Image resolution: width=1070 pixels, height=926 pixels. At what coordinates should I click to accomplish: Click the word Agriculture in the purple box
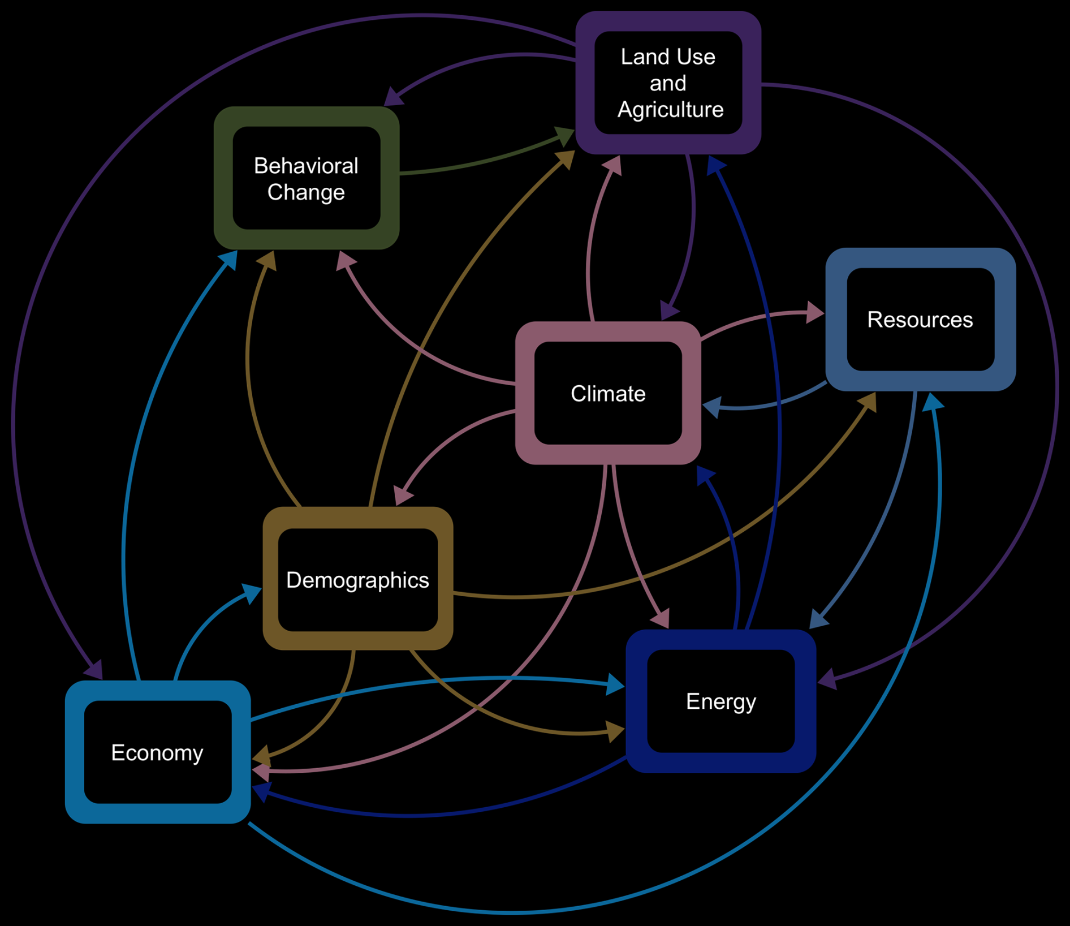point(670,110)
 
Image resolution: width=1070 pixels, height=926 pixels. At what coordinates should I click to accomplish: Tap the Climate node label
point(608,394)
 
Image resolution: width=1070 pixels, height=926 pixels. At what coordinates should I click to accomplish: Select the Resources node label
point(920,320)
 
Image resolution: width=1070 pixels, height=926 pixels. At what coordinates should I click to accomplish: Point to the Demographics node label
point(357,580)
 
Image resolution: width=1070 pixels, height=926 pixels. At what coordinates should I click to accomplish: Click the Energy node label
point(721,701)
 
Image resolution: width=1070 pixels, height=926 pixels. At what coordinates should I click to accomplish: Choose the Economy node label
point(157,753)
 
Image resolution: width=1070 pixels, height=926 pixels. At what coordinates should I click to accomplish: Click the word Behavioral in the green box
point(306,166)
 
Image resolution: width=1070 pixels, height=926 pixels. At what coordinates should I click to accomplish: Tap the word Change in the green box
point(306,192)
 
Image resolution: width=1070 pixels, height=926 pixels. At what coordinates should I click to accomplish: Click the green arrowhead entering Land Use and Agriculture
point(565,136)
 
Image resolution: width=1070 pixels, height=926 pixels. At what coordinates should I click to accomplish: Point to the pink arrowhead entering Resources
point(815,312)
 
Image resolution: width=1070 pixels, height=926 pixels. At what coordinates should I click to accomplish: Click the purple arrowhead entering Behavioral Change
point(394,97)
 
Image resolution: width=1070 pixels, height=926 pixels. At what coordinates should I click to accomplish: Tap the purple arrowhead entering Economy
point(94,669)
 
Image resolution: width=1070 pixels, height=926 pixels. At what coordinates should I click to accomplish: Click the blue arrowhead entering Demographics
point(252,593)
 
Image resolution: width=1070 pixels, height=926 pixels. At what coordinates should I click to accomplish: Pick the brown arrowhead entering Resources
point(868,402)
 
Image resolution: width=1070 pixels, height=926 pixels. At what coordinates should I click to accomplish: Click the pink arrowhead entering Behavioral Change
point(345,261)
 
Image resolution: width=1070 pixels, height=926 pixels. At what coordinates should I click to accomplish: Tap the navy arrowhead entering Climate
point(705,476)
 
